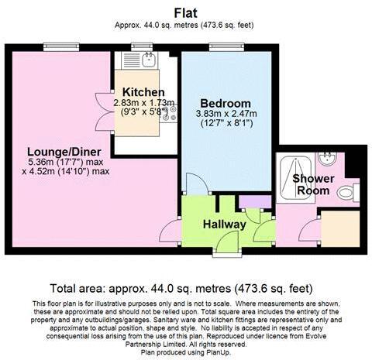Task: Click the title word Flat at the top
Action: coord(187,12)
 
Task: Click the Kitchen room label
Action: coord(137,91)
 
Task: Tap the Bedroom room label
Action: coord(225,104)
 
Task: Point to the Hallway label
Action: coord(224,225)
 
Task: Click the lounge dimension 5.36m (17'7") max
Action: coord(54,162)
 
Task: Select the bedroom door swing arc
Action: coord(195,183)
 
